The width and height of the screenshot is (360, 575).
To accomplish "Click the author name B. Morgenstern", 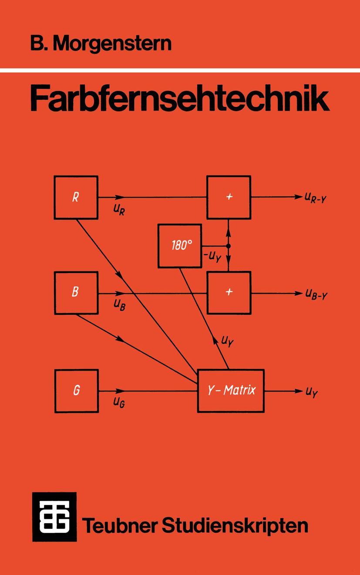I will (101, 44).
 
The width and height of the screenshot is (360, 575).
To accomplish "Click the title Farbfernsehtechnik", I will (179, 100).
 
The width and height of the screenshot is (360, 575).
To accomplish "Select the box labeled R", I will (76, 197).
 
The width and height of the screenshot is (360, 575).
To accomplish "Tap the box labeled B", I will (76, 293).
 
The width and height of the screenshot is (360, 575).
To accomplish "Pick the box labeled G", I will (77, 391).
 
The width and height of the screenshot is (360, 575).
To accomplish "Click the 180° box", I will (180, 246).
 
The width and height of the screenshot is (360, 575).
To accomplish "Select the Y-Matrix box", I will (231, 391).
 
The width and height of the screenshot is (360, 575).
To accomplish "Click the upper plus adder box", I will (229, 197).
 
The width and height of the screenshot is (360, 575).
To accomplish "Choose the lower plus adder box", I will (229, 293).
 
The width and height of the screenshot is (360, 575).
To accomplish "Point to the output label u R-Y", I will (316, 198).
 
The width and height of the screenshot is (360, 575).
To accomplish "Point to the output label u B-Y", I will (316, 294).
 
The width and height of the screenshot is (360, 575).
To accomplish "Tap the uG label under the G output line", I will (119, 402).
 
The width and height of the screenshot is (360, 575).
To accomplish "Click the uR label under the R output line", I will (119, 210).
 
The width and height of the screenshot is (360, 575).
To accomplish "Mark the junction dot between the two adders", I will (229, 246).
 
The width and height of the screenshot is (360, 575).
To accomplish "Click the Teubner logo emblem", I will (54, 517).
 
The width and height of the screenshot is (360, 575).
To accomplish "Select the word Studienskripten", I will (235, 525).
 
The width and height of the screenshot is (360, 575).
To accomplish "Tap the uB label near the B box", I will (119, 304).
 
